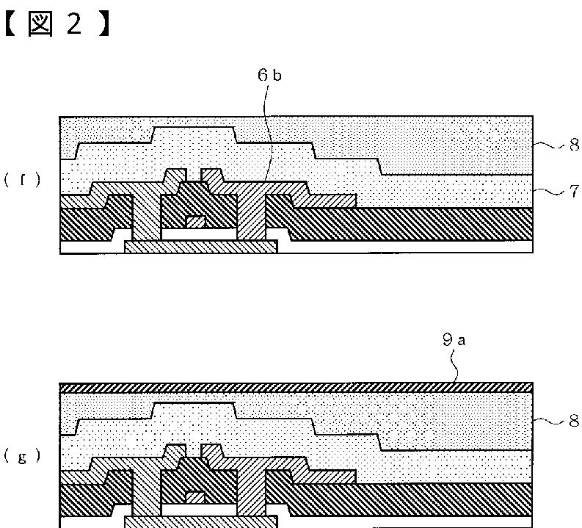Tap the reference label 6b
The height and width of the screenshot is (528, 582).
[269, 74]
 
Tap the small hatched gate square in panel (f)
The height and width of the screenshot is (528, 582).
[194, 222]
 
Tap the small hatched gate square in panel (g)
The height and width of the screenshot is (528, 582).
[194, 497]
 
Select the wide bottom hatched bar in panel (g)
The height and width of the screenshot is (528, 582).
[205, 521]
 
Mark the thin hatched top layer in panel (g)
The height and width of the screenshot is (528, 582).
[294, 387]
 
